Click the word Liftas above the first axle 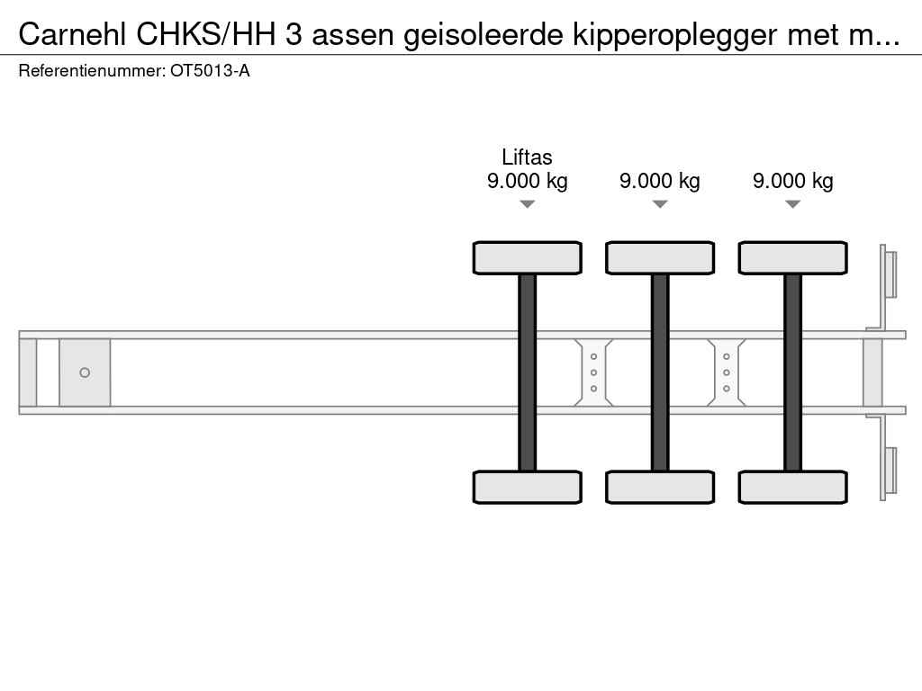(x=527, y=157)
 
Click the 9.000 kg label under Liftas (x=528, y=181)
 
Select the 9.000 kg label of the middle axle (x=660, y=181)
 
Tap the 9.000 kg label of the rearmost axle (x=792, y=181)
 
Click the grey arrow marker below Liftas (x=528, y=204)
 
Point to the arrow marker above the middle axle (x=660, y=204)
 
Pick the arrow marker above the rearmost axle (x=792, y=204)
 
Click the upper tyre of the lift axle (x=528, y=258)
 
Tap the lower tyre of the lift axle (x=528, y=487)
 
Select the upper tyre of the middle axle (x=660, y=258)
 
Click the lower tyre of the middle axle (x=660, y=487)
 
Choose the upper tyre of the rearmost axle (x=792, y=258)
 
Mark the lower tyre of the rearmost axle (x=792, y=487)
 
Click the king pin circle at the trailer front (x=85, y=372)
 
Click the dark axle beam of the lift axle (x=528, y=372)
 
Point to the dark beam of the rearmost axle (x=792, y=372)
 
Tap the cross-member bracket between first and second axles (x=594, y=372)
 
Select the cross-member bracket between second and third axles (x=727, y=372)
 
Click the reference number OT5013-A (x=210, y=71)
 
